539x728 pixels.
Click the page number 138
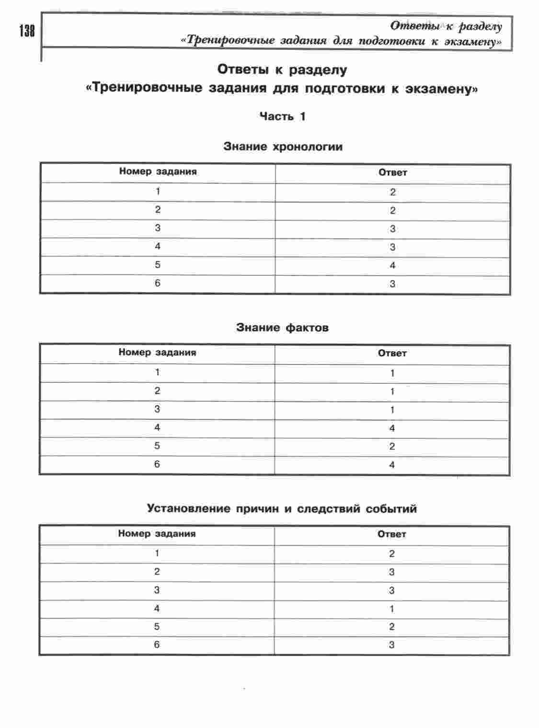point(27,32)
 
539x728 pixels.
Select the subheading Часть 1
point(282,117)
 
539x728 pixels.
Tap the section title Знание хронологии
point(283,147)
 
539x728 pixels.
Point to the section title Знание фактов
point(282,328)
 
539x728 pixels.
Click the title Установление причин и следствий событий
point(282,509)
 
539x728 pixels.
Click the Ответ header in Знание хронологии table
point(392,173)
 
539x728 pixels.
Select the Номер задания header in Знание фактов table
point(157,352)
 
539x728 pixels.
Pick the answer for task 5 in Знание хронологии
point(392,266)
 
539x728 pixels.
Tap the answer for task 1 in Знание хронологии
point(392,192)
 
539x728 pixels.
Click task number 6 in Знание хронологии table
point(158,283)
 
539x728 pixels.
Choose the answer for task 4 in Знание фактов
point(392,428)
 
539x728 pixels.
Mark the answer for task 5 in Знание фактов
point(392,446)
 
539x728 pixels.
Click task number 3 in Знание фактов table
point(157,410)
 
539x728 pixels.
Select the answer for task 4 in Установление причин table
point(392,609)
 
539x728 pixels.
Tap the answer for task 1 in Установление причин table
point(392,554)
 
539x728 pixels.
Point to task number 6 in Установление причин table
point(157,645)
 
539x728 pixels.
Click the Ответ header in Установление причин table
point(391,534)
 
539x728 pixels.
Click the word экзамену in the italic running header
point(472,42)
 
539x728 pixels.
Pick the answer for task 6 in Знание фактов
point(392,465)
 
